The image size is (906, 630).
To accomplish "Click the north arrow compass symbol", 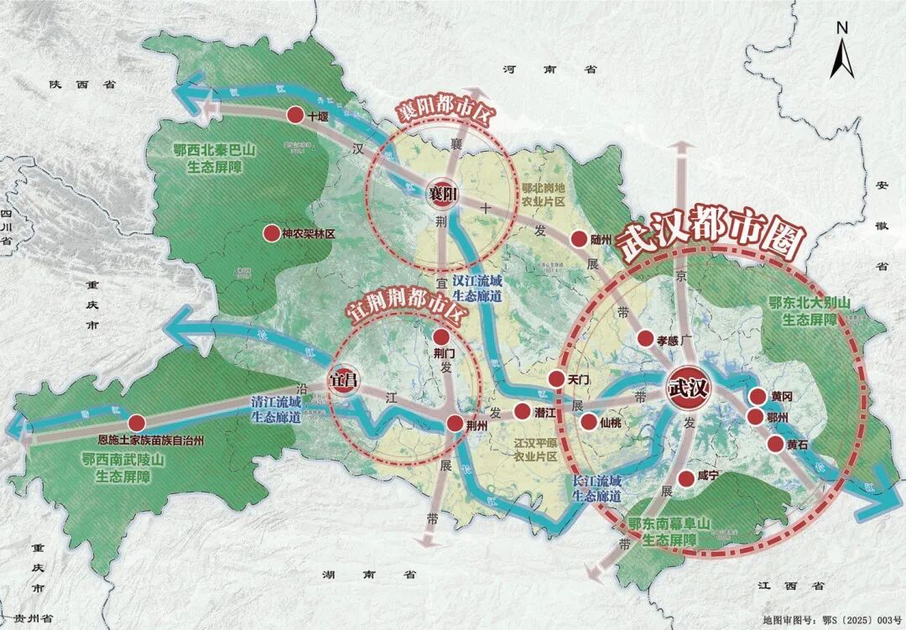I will point(842,51).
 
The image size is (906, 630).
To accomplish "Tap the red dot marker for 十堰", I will point(295,116).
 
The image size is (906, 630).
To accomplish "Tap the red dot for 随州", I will point(578,239).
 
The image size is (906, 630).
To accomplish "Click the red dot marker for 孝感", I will point(645,338).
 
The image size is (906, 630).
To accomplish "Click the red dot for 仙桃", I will point(589,422).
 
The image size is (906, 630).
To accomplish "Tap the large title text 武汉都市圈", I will point(710,234).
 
